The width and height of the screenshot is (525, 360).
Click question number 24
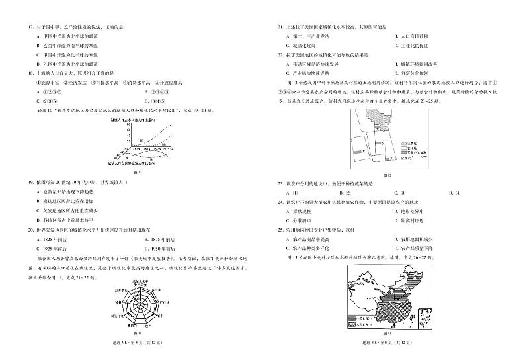click(282, 200)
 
